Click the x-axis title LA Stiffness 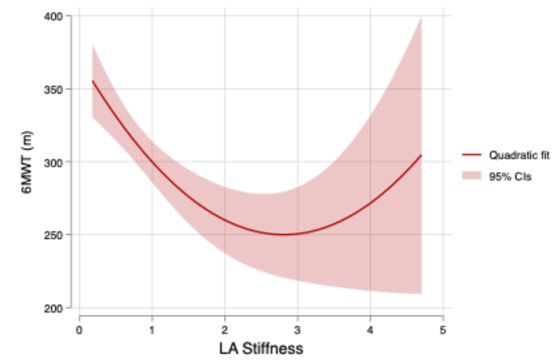(260, 349)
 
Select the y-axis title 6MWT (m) (27, 163)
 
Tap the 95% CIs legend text (509, 176)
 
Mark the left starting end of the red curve (93, 80)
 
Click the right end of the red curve (421, 155)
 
